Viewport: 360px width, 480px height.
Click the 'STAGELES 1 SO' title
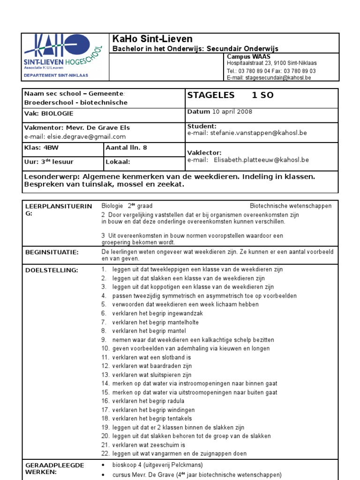230,95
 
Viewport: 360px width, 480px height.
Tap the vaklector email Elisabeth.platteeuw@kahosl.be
261,159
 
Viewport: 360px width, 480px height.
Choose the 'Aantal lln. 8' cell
127,147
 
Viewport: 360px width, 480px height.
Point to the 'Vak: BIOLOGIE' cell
49,113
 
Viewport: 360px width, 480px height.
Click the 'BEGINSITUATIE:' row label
52,252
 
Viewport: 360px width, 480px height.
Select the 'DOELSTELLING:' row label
52,270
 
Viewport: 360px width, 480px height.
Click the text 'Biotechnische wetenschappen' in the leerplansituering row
291,206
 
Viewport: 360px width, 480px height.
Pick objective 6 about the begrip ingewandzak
157,314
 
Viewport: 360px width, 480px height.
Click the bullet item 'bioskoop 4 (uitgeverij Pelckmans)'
157,465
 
